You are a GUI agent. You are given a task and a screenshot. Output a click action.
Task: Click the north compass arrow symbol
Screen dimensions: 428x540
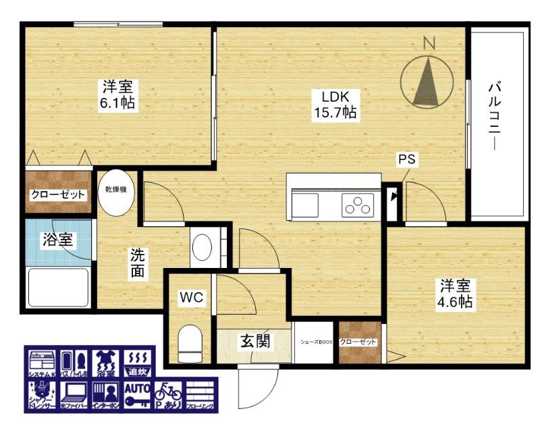[426, 82]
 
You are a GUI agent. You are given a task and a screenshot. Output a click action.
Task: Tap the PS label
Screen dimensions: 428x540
[406, 160]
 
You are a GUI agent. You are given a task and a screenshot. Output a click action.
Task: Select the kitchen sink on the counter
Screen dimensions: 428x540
[306, 205]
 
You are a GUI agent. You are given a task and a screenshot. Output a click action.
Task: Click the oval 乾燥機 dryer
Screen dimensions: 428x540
[117, 192]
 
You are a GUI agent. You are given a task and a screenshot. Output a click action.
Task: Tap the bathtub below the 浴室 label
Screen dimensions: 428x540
[58, 287]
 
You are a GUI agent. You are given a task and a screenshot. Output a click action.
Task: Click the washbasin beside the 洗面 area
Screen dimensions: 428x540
[202, 248]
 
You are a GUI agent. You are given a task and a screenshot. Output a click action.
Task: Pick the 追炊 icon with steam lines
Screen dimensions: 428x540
[137, 363]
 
